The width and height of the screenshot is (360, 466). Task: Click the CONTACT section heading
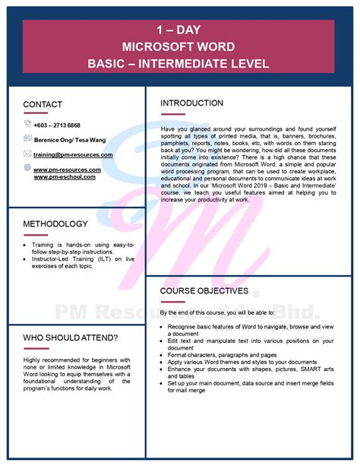coord(43,104)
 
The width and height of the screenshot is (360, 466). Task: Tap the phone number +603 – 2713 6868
coord(57,125)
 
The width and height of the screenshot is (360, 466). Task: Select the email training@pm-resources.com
coord(73,154)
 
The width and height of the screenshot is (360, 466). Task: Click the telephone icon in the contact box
coord(27,124)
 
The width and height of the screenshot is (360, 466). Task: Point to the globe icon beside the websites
coord(27,168)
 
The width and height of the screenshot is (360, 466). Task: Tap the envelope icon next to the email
coord(27,154)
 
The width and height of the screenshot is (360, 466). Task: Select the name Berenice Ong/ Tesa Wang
coord(70,140)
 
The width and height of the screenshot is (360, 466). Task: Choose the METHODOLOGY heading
coord(55,224)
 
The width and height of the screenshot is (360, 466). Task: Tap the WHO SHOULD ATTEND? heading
coord(70,337)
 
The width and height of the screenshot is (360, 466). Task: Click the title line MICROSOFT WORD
coord(179,46)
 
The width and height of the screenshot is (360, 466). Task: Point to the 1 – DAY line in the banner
coord(179,31)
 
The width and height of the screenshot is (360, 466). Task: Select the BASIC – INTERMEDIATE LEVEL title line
coord(179,62)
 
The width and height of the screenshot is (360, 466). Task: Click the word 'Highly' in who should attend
coord(33,360)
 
